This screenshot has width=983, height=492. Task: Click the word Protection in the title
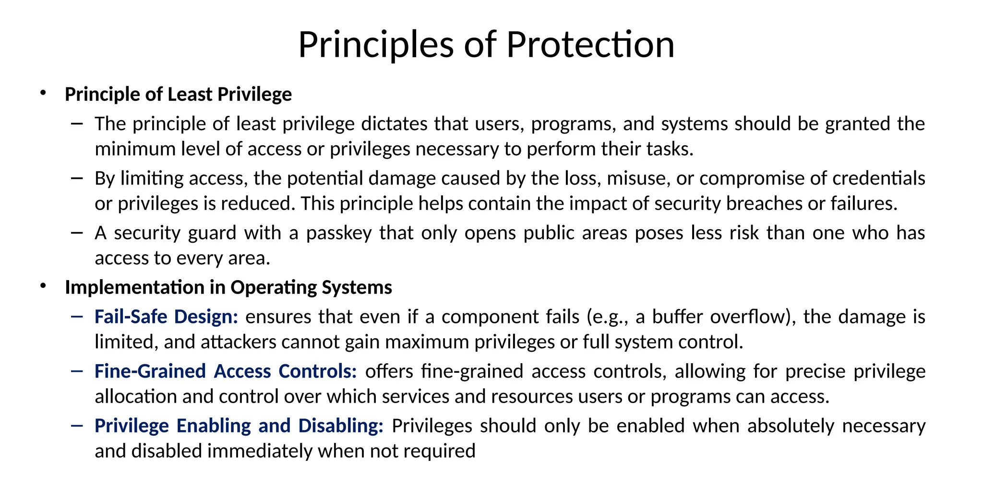point(590,45)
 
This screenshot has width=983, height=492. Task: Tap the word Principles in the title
point(376,45)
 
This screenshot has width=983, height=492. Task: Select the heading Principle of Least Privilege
point(178,94)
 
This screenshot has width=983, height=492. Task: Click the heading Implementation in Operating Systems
point(228,287)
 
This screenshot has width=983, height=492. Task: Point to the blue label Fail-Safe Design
point(166,317)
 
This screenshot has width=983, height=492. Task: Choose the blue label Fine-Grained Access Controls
point(226,371)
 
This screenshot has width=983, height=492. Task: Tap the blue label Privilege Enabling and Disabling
point(239,426)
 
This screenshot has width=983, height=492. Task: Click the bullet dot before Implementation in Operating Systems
point(43,286)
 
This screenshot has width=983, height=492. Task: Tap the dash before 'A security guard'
point(76,233)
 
